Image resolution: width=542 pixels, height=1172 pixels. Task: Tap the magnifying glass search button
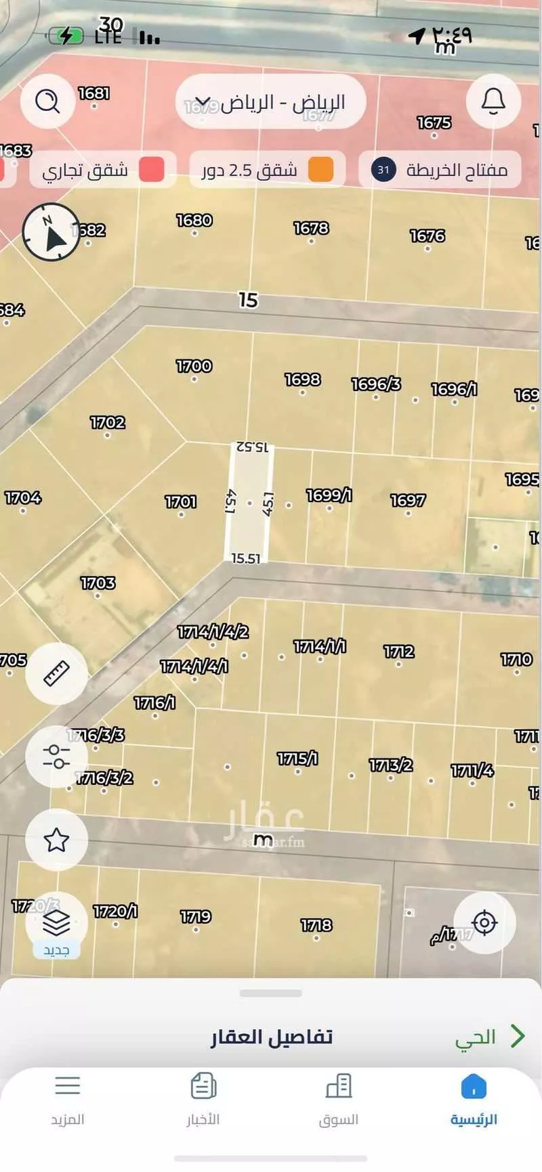(x=47, y=102)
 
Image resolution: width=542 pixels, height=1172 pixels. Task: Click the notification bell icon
(x=493, y=102)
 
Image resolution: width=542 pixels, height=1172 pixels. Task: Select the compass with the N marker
(x=51, y=231)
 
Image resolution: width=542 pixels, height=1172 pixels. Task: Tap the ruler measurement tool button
(x=56, y=674)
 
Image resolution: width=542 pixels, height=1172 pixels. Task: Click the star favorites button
(x=56, y=840)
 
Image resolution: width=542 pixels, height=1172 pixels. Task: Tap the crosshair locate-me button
(x=484, y=922)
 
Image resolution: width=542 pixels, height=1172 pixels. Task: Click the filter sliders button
(x=56, y=756)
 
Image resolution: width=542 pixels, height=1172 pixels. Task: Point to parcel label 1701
(x=181, y=502)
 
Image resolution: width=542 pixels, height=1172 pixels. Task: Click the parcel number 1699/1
(x=329, y=496)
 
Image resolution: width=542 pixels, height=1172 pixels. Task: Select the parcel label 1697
(x=408, y=501)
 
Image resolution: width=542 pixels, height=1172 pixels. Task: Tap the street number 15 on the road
(x=248, y=300)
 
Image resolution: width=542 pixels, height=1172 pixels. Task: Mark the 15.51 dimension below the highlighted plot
(x=245, y=558)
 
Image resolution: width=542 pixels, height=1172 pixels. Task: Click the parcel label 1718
(x=316, y=925)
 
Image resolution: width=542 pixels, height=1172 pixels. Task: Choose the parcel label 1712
(x=398, y=652)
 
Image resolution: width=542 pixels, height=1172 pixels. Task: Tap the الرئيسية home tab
(x=474, y=1100)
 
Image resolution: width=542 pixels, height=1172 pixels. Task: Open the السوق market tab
(x=338, y=1100)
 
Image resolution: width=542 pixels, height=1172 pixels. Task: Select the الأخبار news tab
(x=203, y=1100)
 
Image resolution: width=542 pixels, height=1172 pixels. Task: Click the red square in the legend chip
(x=152, y=170)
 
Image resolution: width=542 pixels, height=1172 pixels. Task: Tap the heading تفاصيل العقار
(x=272, y=1037)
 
